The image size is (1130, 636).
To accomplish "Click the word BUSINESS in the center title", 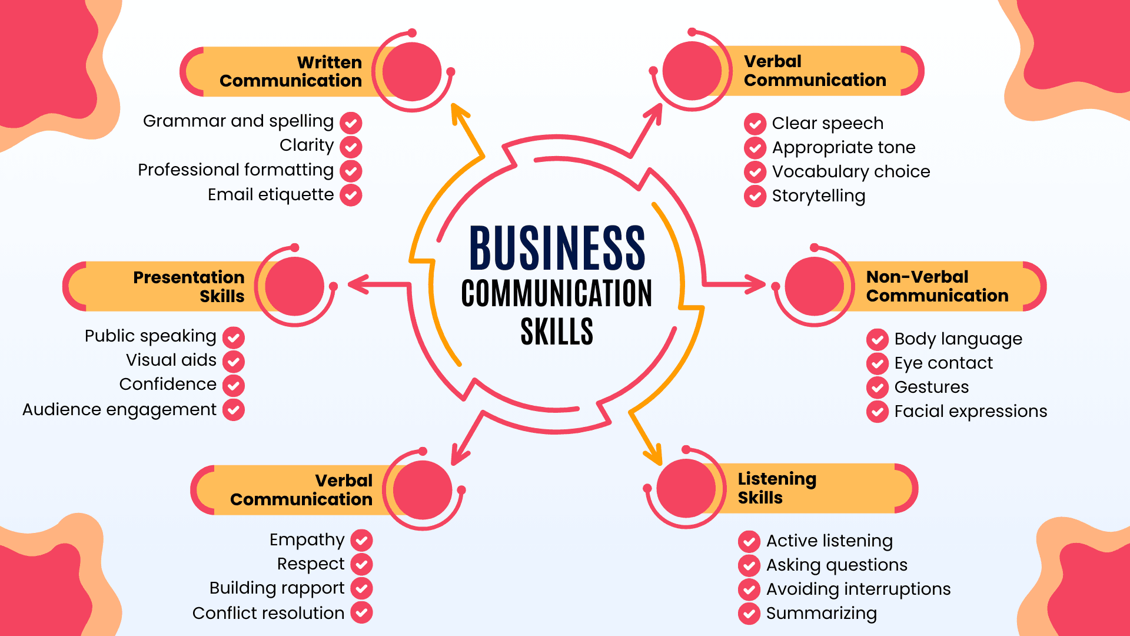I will (x=557, y=248).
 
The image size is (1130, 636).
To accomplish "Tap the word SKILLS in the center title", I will (x=557, y=332).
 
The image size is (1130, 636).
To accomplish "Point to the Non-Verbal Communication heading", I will (x=937, y=286).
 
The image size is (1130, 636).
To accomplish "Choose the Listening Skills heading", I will (x=777, y=488).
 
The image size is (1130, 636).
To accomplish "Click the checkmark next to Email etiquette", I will (x=351, y=195).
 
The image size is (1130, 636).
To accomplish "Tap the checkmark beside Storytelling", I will (x=755, y=196).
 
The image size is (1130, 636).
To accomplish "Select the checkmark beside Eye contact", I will (x=878, y=363).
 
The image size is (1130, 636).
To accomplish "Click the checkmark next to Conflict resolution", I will (x=362, y=613).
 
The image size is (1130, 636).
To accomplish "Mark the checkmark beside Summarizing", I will (x=749, y=614).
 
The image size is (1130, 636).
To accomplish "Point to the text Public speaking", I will (x=151, y=336).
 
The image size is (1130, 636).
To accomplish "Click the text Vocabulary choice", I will (x=851, y=171).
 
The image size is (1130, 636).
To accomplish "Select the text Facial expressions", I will (x=971, y=411).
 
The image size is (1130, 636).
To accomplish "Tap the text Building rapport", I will (x=277, y=588).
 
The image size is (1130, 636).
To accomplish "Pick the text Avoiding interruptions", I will (x=858, y=589).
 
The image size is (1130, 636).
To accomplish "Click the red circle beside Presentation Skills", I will (x=294, y=286).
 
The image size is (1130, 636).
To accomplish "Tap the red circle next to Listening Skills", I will (x=686, y=488).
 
